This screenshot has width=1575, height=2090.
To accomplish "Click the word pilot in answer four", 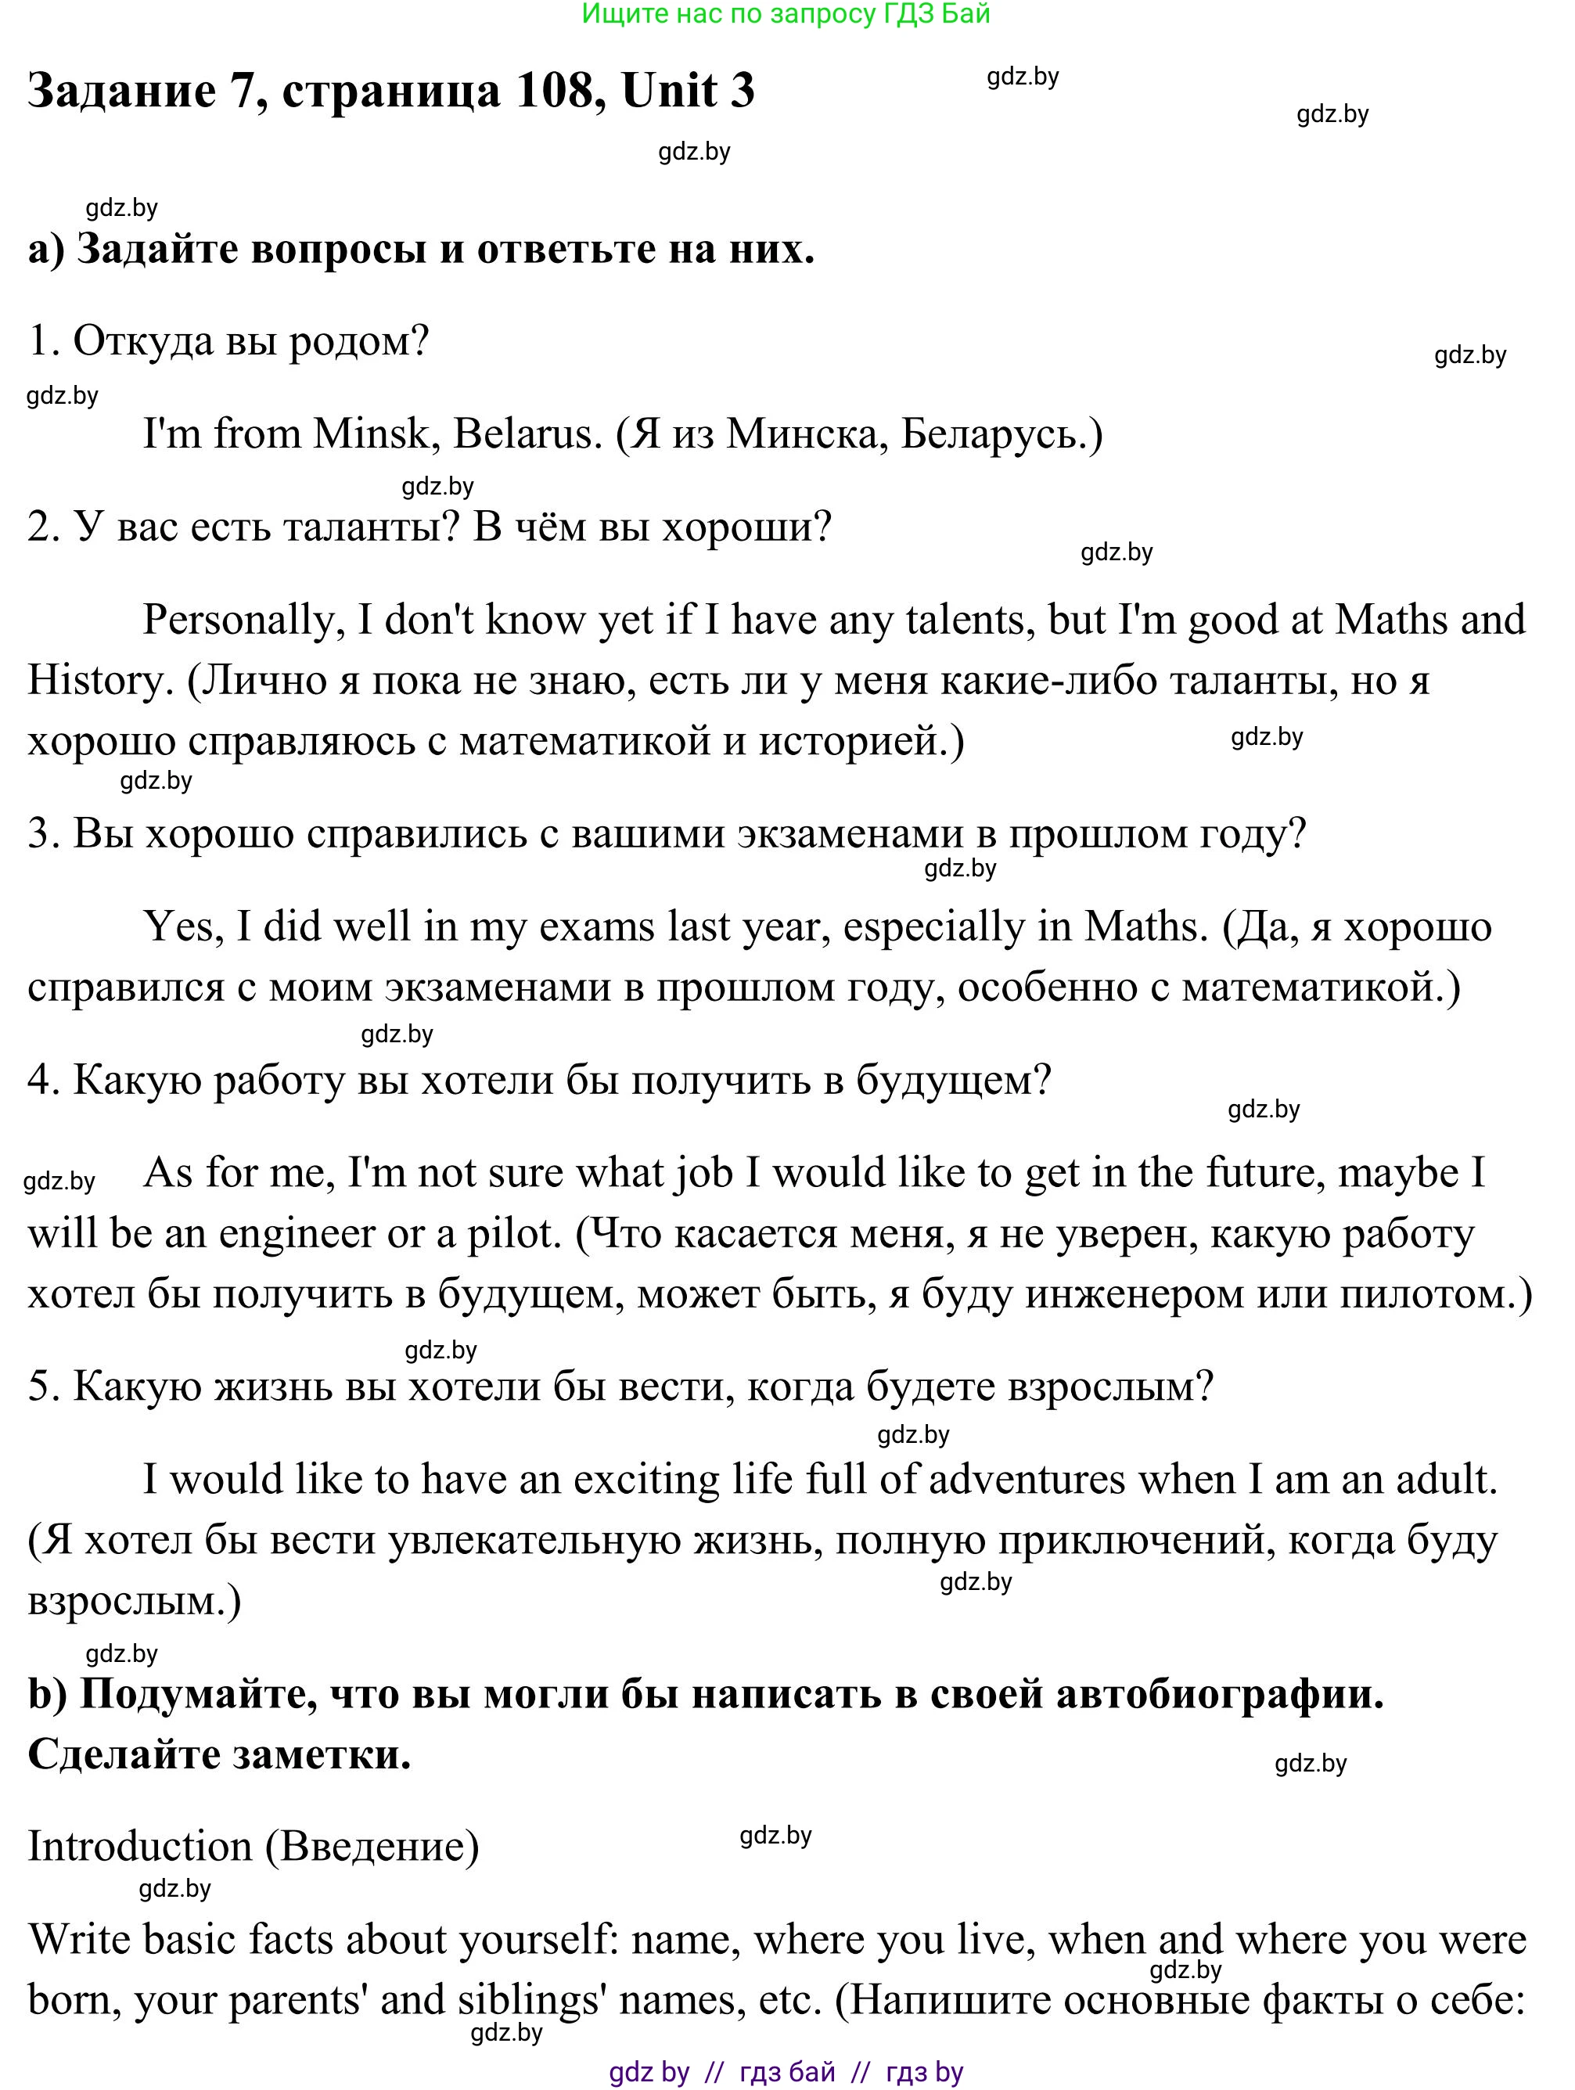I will tap(514, 1234).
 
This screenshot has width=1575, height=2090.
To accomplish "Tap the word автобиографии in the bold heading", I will tap(1220, 1694).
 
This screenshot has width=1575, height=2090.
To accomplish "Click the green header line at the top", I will tap(786, 14).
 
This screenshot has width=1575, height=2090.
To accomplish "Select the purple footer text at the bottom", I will tap(786, 2072).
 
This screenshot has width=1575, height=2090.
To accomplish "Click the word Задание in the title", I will tap(122, 91).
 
